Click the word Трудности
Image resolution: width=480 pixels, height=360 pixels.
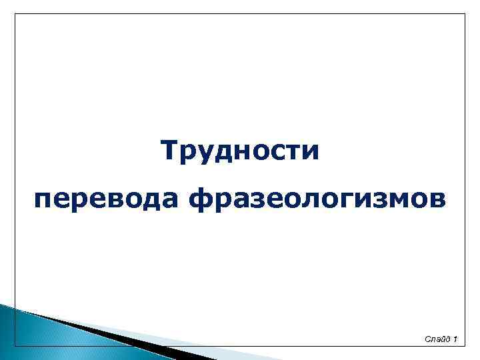tap(241, 151)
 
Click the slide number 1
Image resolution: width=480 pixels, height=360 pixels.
tap(454, 341)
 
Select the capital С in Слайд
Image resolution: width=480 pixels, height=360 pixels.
tap(427, 341)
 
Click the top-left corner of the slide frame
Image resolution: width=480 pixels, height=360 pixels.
tap(15, 13)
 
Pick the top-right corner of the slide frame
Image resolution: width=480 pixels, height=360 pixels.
tap(465, 13)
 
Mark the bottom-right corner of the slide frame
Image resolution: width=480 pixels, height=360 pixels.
tap(465, 346)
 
